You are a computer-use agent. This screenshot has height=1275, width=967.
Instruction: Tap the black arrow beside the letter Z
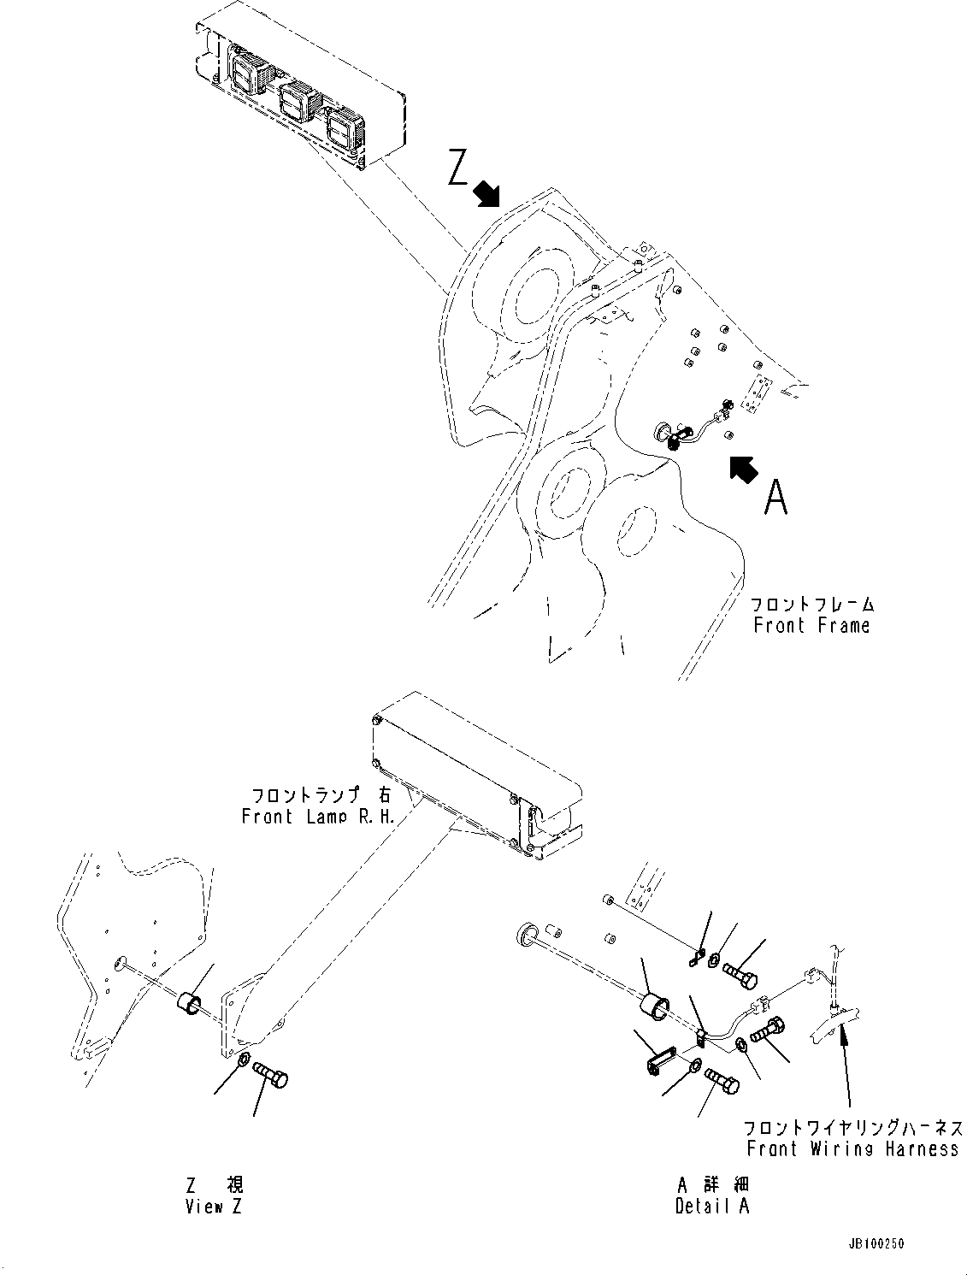coord(488,194)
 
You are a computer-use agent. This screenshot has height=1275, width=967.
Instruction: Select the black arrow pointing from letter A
coord(743,469)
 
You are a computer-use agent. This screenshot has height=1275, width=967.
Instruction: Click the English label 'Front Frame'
coord(811,625)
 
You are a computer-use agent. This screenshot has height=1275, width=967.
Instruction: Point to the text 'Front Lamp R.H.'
coord(318,816)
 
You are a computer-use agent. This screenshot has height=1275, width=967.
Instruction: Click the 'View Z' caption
coord(215,1207)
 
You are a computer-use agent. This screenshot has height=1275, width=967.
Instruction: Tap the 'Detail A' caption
coord(711,1207)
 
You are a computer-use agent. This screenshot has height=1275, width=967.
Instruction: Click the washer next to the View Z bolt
coord(243,1061)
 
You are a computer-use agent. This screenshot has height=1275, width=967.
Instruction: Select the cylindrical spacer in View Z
coord(191,1002)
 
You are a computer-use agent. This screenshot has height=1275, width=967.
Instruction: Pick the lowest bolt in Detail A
coord(722,1083)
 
